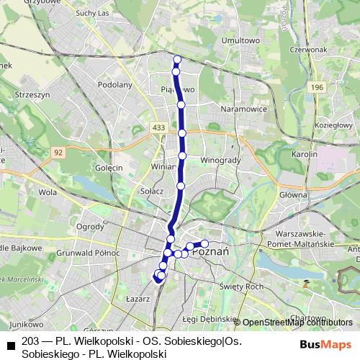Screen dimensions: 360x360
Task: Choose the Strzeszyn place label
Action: coord(31,94)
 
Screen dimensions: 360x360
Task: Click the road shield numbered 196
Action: coord(318,87)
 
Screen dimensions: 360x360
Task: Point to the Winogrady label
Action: coord(220,160)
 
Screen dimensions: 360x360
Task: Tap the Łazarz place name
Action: coord(138,297)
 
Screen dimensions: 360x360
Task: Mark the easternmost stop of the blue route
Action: coord(204,243)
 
